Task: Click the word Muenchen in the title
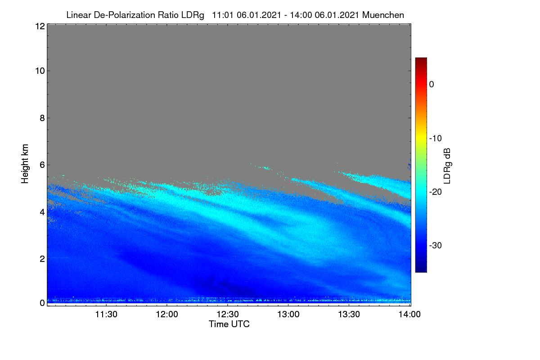click(383, 15)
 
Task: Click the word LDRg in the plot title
click(193, 15)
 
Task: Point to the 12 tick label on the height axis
click(40, 26)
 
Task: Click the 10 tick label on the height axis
click(40, 71)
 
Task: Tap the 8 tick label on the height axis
click(42, 118)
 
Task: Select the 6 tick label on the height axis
click(42, 165)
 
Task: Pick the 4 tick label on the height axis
click(42, 212)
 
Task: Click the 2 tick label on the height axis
click(42, 259)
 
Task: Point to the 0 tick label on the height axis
click(42, 303)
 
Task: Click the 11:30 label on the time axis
click(106, 315)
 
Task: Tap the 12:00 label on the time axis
click(167, 315)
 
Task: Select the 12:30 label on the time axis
click(228, 315)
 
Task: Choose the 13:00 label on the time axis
click(288, 315)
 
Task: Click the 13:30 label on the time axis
click(349, 315)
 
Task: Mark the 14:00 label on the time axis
click(409, 315)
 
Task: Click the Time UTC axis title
click(229, 324)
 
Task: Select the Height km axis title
click(25, 164)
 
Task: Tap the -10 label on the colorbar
click(436, 139)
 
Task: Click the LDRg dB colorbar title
click(447, 166)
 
